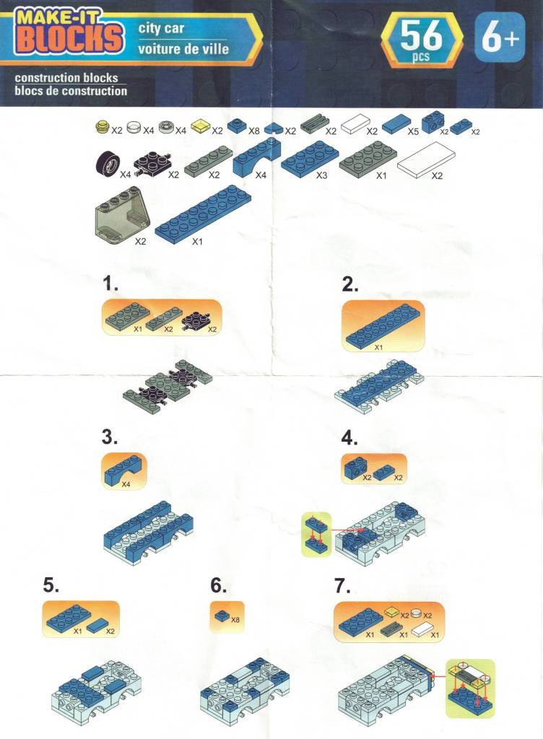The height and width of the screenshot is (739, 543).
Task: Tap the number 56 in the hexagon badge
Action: point(421,36)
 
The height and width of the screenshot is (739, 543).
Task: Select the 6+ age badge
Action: point(500,38)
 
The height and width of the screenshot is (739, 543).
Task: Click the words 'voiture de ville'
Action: point(183,48)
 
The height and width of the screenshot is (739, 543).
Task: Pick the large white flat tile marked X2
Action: point(427,159)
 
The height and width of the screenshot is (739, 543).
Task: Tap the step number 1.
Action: point(110,284)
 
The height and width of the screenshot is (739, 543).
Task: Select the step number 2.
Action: point(349,284)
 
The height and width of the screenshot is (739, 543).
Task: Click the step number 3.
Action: point(109,437)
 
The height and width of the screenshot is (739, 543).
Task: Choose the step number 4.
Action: point(349,438)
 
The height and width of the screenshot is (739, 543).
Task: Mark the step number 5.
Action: point(51,585)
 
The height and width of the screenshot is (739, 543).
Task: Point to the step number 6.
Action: point(218,585)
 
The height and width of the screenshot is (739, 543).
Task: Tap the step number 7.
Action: point(343,586)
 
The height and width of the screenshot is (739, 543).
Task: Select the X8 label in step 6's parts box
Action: point(235,619)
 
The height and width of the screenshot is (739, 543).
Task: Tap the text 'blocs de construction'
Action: point(71,90)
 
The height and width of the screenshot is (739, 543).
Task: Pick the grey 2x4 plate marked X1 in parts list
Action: point(368,159)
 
